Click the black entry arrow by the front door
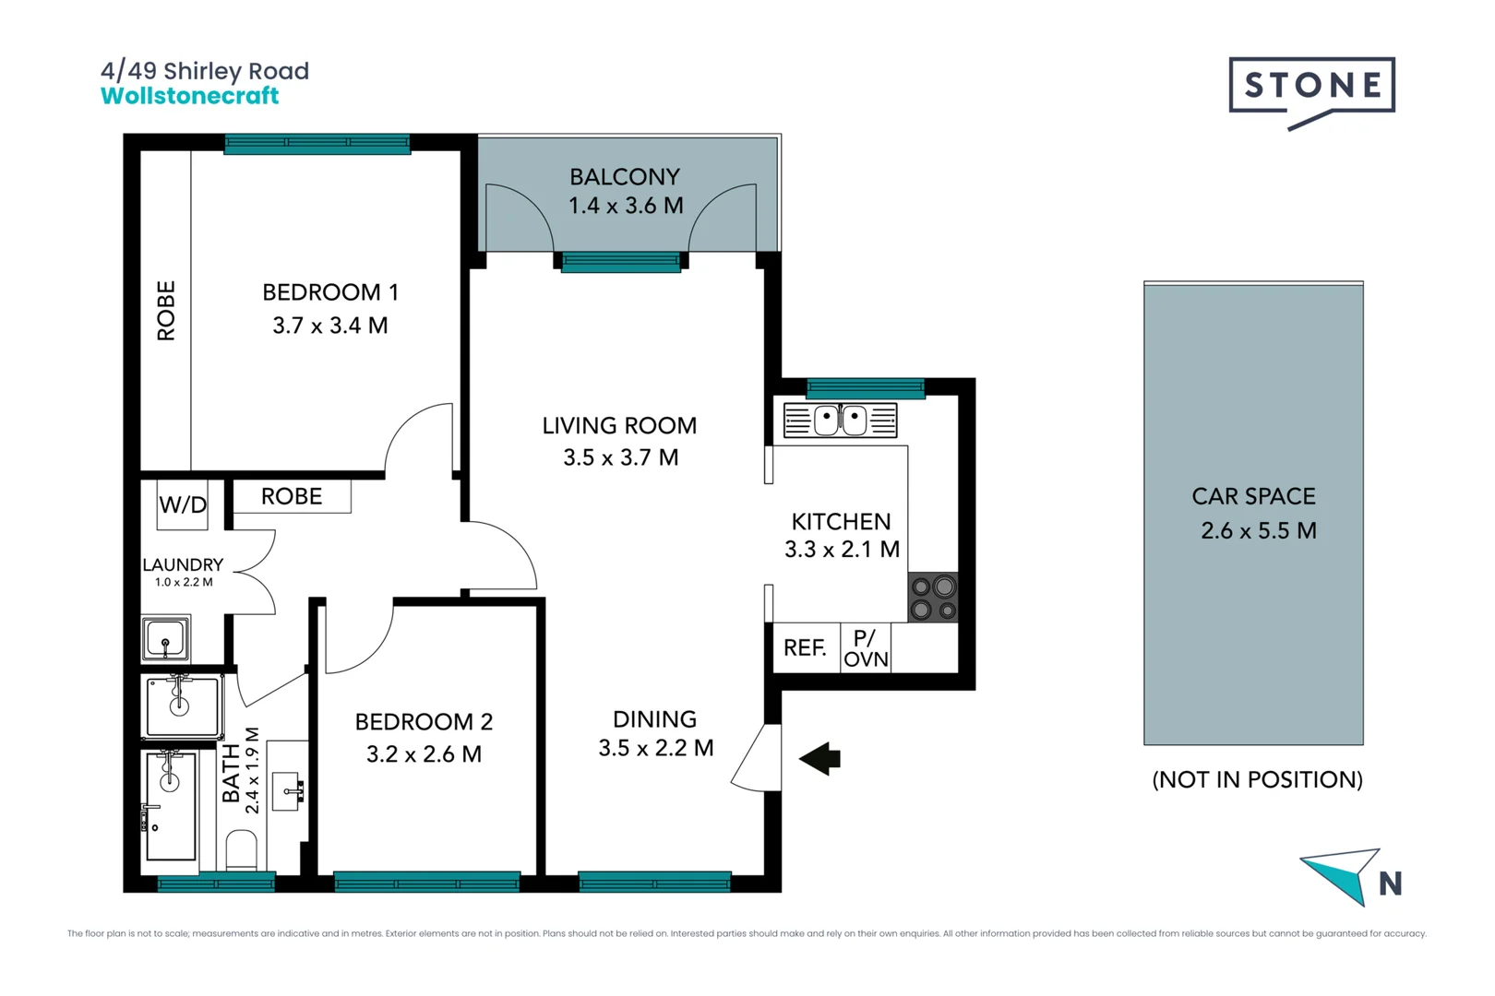[x=820, y=759]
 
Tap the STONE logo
[x=1311, y=87]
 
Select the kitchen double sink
[x=840, y=421]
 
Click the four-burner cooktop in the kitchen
[x=933, y=598]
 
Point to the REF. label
[x=805, y=648]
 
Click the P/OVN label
[x=866, y=648]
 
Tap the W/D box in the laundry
[x=183, y=504]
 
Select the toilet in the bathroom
[x=242, y=850]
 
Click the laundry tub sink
[x=166, y=638]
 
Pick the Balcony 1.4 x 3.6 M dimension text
[x=626, y=206]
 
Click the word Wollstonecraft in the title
[x=189, y=96]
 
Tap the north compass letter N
[x=1390, y=884]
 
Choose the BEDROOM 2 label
[x=424, y=721]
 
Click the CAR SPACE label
[x=1253, y=496]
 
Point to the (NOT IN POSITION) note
[x=1257, y=779]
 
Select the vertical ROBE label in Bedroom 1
[x=166, y=311]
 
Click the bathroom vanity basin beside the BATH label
[x=290, y=790]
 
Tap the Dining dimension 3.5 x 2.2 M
[x=655, y=748]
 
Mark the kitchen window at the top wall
[x=865, y=387]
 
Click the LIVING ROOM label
[x=619, y=426]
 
